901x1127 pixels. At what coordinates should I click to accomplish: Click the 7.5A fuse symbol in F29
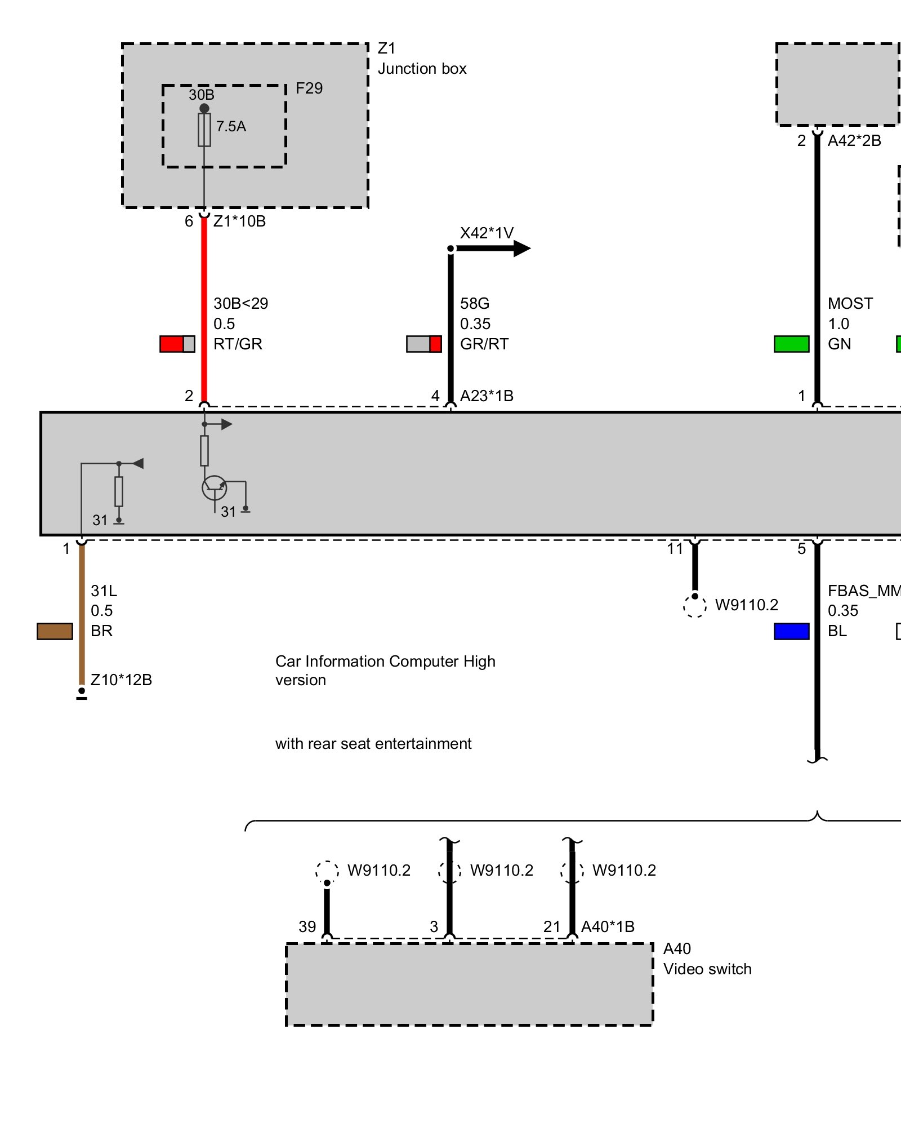[x=204, y=130]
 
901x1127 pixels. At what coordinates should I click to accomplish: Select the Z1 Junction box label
[x=421, y=59]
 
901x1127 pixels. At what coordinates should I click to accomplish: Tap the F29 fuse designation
[x=309, y=88]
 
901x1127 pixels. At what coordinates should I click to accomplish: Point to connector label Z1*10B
[x=239, y=221]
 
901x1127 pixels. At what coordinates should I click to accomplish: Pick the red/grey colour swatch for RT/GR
[x=177, y=344]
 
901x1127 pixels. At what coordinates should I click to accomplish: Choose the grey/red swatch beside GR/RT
[x=423, y=344]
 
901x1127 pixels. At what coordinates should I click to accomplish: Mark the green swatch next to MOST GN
[x=791, y=344]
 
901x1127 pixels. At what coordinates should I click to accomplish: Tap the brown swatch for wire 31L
[x=55, y=631]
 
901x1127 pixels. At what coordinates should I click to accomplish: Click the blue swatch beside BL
[x=791, y=631]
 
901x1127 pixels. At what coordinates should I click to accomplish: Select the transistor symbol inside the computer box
[x=215, y=488]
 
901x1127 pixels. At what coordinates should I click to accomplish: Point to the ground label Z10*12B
[x=121, y=680]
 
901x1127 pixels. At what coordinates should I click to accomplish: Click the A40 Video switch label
[x=707, y=959]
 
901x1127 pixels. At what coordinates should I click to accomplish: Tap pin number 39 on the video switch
[x=307, y=927]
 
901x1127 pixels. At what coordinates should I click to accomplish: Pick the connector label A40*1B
[x=608, y=927]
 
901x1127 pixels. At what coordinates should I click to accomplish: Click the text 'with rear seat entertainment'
[x=373, y=744]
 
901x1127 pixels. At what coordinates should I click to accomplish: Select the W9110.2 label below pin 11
[x=746, y=605]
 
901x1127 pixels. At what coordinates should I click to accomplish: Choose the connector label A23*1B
[x=487, y=396]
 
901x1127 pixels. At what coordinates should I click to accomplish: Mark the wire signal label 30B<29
[x=240, y=304]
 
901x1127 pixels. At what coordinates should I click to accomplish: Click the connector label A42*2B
[x=854, y=141]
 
